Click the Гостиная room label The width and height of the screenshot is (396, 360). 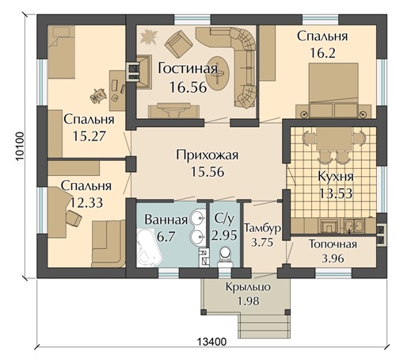tap(188, 68)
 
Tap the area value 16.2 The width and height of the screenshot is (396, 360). tap(322, 53)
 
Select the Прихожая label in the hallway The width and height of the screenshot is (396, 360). tap(208, 155)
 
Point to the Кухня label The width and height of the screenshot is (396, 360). tap(336, 176)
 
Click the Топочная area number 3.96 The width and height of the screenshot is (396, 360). tap(333, 259)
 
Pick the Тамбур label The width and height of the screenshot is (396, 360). tap(262, 228)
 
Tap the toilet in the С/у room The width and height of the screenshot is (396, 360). tap(225, 256)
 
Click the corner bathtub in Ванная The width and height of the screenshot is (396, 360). tap(150, 248)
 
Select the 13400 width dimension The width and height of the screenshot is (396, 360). tap(211, 342)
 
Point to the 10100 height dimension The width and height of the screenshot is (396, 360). tap(20, 146)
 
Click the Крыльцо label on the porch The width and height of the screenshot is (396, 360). tap(248, 287)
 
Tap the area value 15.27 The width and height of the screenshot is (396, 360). tap(89, 136)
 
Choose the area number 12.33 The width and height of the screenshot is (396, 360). tap(86, 203)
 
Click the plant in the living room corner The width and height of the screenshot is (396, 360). tap(148, 36)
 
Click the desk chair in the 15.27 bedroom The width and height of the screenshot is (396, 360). tap(98, 96)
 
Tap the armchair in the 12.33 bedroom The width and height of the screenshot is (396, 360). tap(74, 218)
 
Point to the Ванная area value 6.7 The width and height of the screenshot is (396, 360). tap(166, 236)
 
